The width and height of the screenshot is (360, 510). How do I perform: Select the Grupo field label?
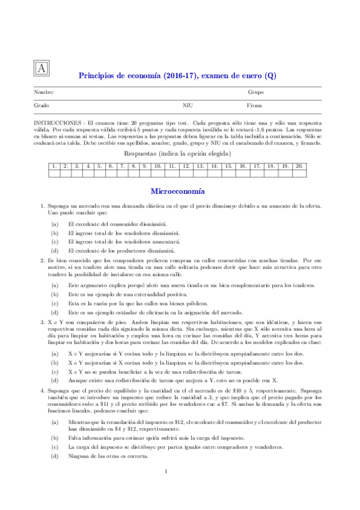pyautogui.click(x=255, y=92)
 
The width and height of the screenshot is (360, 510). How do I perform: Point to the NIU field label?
pyautogui.click(x=187, y=105)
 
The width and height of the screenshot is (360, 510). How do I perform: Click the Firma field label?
pyautogui.click(x=254, y=105)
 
